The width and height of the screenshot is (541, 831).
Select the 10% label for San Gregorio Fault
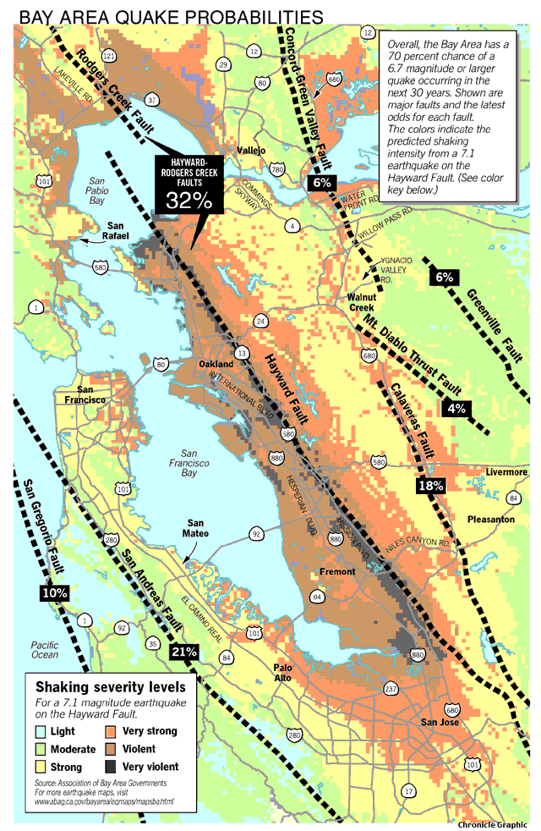(54, 593)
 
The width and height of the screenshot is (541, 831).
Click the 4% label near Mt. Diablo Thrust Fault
(456, 409)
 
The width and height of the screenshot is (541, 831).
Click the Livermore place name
(506, 471)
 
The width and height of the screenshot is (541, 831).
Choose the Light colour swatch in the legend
(38, 731)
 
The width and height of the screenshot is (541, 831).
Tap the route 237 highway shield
(392, 689)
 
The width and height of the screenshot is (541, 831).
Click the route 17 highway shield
(409, 790)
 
